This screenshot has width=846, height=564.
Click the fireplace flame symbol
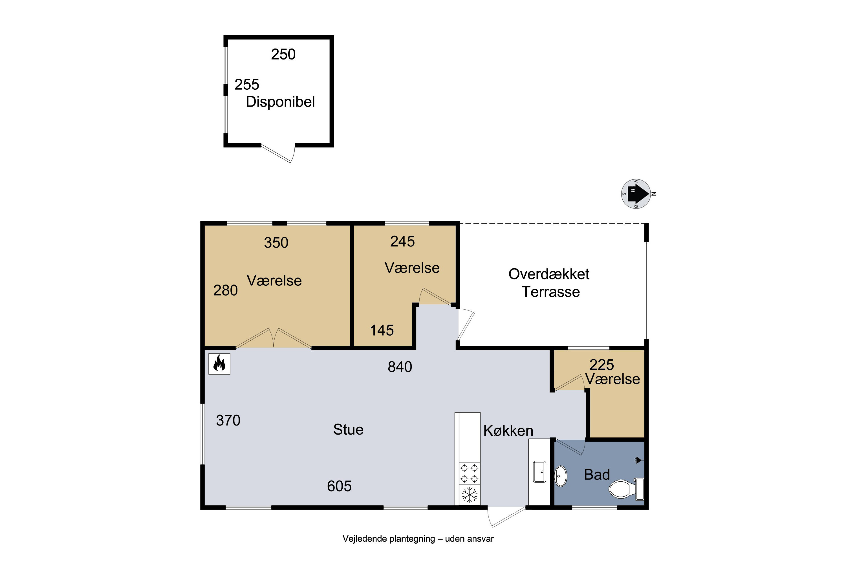(x=219, y=364)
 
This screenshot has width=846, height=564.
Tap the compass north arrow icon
(x=636, y=194)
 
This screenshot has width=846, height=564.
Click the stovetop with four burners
(x=470, y=473)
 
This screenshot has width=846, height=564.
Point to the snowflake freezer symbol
(x=470, y=495)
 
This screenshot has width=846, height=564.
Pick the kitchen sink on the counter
(x=539, y=472)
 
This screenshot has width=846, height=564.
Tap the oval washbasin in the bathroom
(x=561, y=476)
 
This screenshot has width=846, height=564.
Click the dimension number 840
(x=400, y=367)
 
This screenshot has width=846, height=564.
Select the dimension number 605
(x=339, y=486)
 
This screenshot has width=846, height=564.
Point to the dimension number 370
(x=228, y=420)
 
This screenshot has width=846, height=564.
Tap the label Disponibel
(x=280, y=102)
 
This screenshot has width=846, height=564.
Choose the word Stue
(x=348, y=429)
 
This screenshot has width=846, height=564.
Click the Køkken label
(x=508, y=431)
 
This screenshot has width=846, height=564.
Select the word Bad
(x=597, y=475)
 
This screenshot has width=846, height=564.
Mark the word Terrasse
(x=551, y=292)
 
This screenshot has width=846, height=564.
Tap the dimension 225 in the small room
(x=602, y=365)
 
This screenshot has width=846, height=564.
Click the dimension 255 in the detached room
(x=247, y=85)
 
